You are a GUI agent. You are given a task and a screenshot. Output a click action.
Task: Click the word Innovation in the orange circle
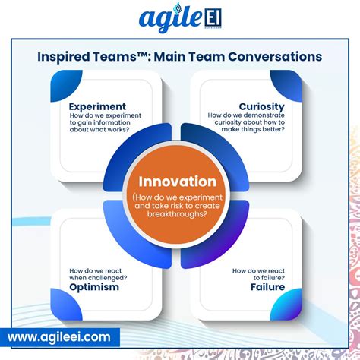178,182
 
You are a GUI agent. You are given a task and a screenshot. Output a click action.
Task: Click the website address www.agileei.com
60,336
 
